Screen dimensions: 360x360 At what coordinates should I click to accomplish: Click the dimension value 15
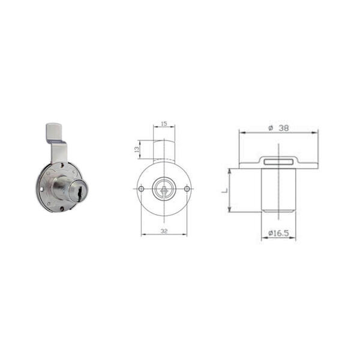pos(164,124)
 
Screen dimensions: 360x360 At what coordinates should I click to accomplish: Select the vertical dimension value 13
pos(137,149)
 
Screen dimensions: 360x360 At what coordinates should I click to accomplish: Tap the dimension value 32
pos(164,231)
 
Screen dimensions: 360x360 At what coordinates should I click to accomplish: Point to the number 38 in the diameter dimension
pos(284,128)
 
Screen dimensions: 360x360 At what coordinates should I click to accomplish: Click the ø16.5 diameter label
pos(278,233)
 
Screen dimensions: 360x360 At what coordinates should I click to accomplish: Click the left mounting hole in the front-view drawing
pos(142,189)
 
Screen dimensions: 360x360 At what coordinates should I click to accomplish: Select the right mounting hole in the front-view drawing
pos(187,189)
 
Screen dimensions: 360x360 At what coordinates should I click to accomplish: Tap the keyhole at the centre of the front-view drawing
pos(164,189)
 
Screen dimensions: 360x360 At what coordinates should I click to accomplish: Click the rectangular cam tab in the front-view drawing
pos(164,151)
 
